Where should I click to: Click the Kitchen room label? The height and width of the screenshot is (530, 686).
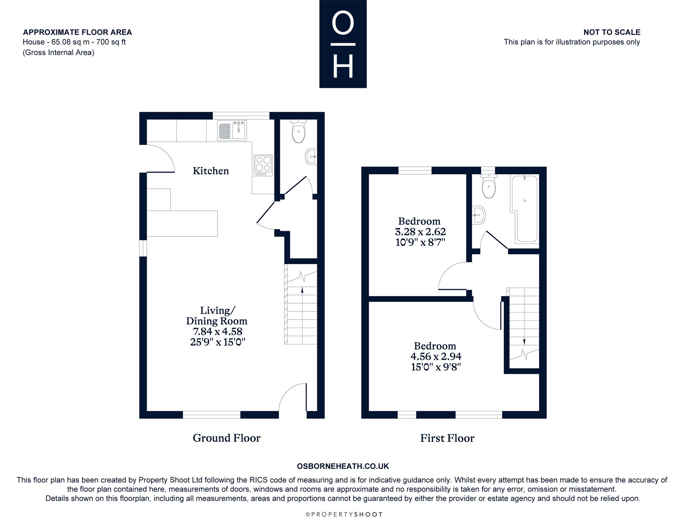pyautogui.click(x=211, y=171)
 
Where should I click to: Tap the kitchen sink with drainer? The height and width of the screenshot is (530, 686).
pyautogui.click(x=232, y=131)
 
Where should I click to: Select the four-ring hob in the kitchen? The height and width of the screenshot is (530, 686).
pyautogui.click(x=263, y=165)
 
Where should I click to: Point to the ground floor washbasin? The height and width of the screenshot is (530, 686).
pyautogui.click(x=311, y=156)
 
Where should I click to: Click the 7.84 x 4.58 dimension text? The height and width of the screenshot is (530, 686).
pyautogui.click(x=217, y=332)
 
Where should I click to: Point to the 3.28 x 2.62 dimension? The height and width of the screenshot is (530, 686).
pyautogui.click(x=420, y=232)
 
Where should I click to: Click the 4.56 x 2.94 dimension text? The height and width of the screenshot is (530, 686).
pyautogui.click(x=436, y=356)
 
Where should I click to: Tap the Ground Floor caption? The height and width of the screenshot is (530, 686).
pyautogui.click(x=226, y=438)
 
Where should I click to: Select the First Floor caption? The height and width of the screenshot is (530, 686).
pyautogui.click(x=447, y=438)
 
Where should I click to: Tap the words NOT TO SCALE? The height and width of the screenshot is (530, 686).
pyautogui.click(x=612, y=32)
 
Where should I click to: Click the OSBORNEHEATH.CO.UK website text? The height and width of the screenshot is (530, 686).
pyautogui.click(x=343, y=466)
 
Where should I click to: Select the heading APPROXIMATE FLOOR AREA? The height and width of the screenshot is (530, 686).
pyautogui.click(x=78, y=32)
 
